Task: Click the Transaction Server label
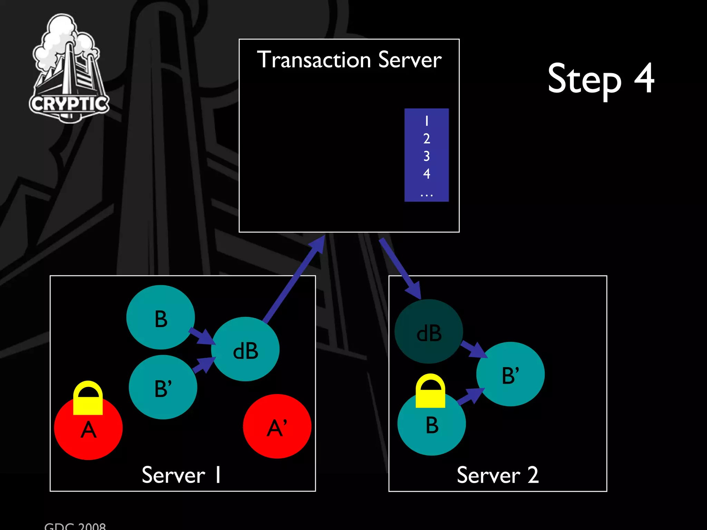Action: tap(349, 60)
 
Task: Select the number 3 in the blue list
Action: tap(427, 156)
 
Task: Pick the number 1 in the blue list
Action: tap(427, 121)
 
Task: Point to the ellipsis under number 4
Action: tap(427, 195)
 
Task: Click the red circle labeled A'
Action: tap(277, 426)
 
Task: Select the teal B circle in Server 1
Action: tap(161, 317)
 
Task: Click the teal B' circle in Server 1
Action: tap(163, 387)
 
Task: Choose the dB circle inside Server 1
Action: tap(245, 349)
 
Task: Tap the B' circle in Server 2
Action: tap(510, 374)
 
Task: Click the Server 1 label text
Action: tap(181, 475)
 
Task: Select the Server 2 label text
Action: tap(497, 475)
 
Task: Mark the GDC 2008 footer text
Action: tap(75, 526)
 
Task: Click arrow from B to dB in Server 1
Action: tap(202, 336)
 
